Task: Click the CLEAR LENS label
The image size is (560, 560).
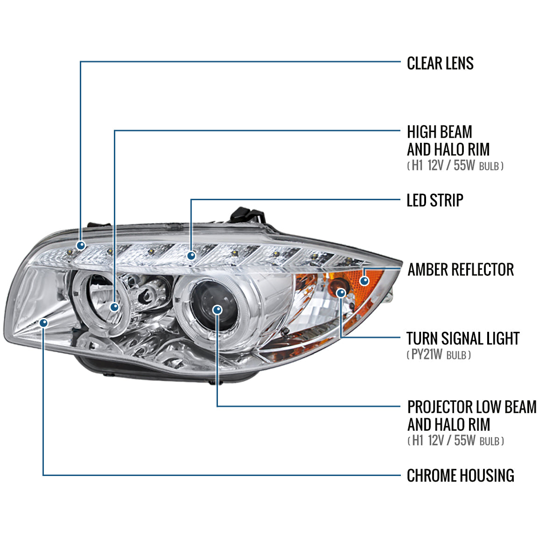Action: point(440,63)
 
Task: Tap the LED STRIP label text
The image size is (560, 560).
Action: point(434,200)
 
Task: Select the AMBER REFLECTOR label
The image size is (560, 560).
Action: point(460,269)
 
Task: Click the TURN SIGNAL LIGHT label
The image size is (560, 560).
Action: point(462,338)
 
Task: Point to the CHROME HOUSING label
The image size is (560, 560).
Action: point(460,476)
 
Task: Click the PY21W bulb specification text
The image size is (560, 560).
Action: point(439,355)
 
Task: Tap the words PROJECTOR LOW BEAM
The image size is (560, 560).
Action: point(471,407)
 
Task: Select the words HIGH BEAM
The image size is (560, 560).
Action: point(439,132)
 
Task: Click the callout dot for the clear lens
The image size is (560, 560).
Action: point(81,245)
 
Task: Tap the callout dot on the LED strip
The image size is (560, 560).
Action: point(191,255)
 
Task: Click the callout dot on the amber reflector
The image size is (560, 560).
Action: point(364,280)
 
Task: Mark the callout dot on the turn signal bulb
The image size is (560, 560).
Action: point(342,293)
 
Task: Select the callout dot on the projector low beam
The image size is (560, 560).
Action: point(217,309)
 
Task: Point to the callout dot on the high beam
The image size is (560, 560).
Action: point(114,307)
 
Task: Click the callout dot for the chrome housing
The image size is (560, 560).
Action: point(44,322)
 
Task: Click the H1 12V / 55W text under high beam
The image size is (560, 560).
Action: point(455,166)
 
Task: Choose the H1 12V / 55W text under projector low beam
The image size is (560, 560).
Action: point(455,441)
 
